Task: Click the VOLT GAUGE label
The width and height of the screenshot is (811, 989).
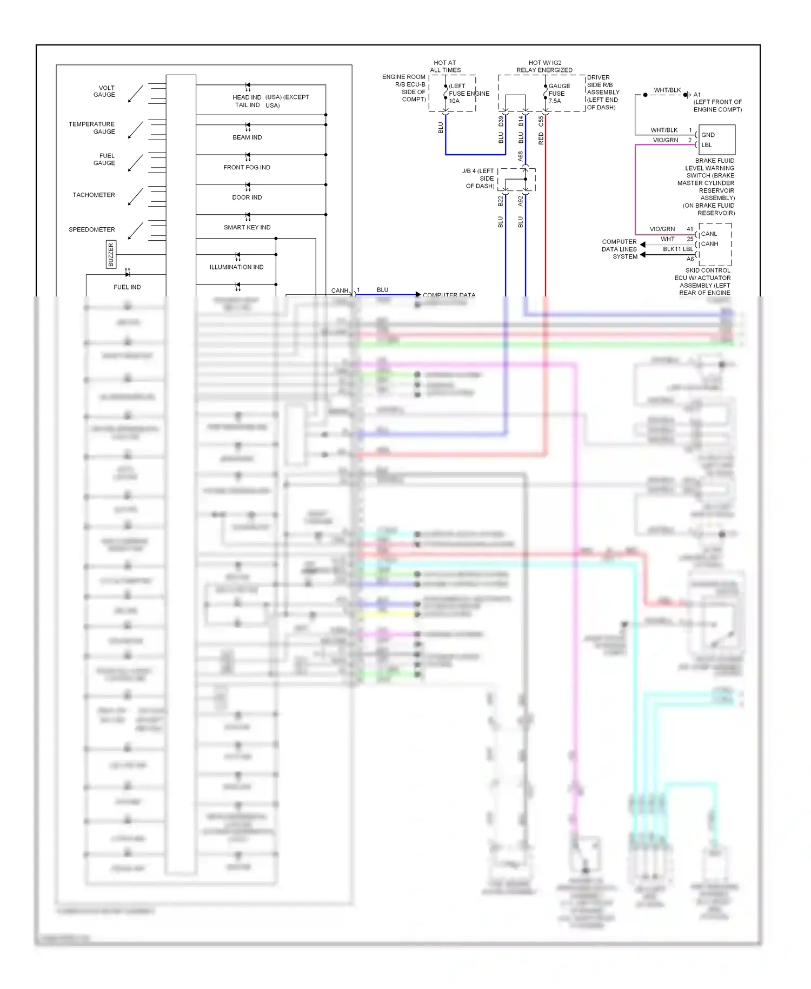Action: coord(104,91)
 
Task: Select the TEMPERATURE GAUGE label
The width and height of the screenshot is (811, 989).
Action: coord(92,128)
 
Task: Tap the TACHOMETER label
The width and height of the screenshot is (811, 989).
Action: coord(94,195)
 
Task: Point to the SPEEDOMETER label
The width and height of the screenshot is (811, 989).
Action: coord(92,229)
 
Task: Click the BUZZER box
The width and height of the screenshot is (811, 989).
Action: coord(111,254)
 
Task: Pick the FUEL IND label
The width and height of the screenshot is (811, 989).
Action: coord(127,287)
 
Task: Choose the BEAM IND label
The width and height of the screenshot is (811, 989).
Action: coord(247,137)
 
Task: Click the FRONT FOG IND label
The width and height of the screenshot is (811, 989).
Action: coord(247,168)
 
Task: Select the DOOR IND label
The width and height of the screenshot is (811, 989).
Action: coord(247,197)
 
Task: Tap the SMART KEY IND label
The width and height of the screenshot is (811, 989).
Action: coord(247,227)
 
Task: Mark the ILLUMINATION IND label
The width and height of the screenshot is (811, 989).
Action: coord(236,267)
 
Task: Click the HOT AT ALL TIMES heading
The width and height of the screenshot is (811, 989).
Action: coord(445,67)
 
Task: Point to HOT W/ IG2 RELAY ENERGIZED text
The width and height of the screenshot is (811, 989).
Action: coord(544,67)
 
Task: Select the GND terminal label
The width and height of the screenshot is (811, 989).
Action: coord(708,135)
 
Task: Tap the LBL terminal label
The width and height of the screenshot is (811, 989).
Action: coord(707,145)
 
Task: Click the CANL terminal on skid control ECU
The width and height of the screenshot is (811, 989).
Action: coord(709,234)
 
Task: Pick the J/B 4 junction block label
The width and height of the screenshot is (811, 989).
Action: coord(479,179)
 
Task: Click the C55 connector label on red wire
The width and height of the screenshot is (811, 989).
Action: coord(541,122)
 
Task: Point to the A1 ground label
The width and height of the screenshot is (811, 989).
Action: coord(697,95)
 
